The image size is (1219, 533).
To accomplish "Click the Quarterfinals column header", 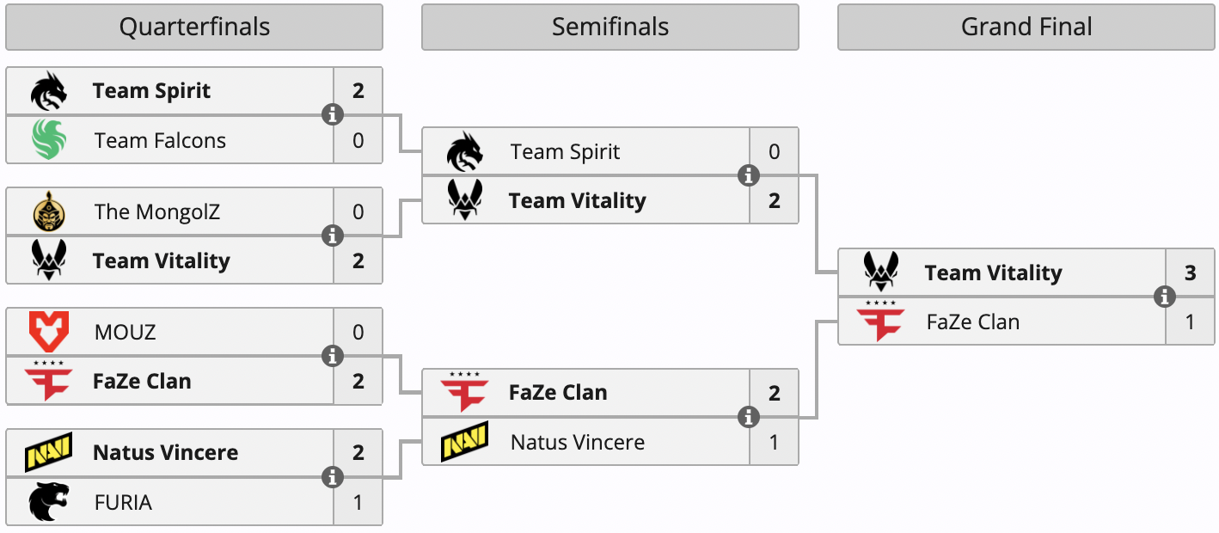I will click(194, 28).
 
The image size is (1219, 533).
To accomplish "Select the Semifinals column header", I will click(610, 28).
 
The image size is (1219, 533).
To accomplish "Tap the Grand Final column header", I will click(1026, 28).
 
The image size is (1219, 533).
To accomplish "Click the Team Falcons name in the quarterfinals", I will click(160, 140).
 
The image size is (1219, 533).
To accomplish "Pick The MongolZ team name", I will click(157, 211).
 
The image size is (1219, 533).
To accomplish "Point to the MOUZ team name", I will click(126, 332).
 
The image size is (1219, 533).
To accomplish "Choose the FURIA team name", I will click(123, 502).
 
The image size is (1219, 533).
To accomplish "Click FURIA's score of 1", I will click(358, 502).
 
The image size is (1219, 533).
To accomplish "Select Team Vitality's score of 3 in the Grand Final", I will click(1191, 273).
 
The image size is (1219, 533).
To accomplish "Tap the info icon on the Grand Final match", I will click(1165, 297).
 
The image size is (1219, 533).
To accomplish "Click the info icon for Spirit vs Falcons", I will click(333, 114).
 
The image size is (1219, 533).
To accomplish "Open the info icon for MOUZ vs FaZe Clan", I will click(333, 356).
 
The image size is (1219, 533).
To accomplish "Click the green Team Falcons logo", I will click(49, 140).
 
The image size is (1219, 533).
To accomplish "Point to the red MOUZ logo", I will click(49, 332).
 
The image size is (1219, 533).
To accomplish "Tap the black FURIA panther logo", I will click(49, 502).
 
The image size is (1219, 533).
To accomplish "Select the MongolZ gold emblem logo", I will click(49, 211).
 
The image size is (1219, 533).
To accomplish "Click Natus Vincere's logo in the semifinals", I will click(465, 442).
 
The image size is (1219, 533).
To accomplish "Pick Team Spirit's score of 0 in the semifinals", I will click(775, 152).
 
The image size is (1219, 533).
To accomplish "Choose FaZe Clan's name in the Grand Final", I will click(973, 322).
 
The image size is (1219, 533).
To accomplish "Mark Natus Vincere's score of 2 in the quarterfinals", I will click(358, 452).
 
